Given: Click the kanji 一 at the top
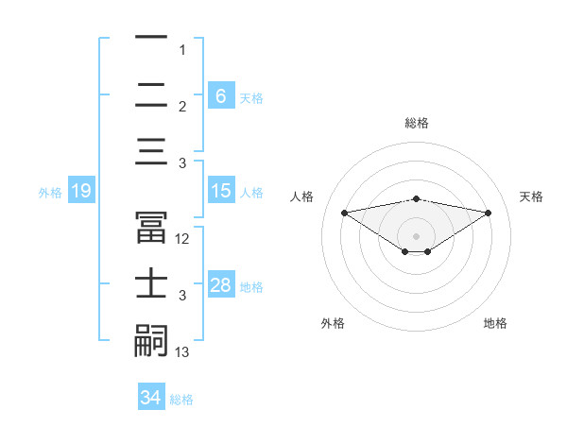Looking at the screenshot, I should (x=152, y=39).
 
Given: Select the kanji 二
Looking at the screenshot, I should (x=152, y=95).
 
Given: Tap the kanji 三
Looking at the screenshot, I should (x=152, y=152).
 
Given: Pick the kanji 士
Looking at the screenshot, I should (x=152, y=284).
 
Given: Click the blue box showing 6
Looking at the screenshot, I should (x=220, y=95).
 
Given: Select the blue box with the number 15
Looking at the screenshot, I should (x=220, y=191).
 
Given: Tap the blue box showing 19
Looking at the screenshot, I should (x=80, y=191).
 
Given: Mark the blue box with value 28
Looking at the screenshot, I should (x=220, y=285).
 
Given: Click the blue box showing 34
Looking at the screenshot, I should (x=151, y=398).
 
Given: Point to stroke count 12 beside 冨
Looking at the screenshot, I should (x=182, y=239).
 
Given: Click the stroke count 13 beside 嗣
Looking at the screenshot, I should (x=182, y=352).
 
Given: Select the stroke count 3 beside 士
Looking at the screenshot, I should (x=182, y=296).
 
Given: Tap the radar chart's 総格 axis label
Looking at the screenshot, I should (x=417, y=123).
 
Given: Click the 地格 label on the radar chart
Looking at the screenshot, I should (x=495, y=323).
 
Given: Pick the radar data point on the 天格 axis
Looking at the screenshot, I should (x=489, y=212).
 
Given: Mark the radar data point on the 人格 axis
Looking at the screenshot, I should (x=344, y=212).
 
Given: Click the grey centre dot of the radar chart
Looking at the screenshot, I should (x=417, y=235).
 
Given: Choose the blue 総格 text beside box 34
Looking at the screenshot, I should (x=181, y=400).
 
